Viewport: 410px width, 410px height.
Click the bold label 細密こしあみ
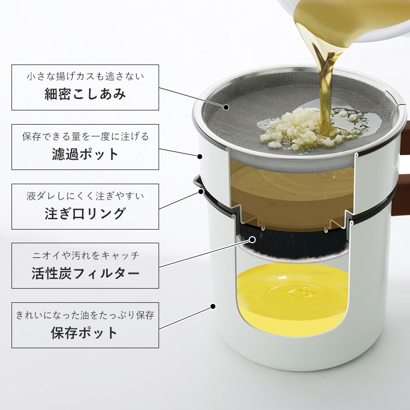[x=85, y=94]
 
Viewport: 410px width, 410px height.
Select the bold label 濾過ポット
[x=85, y=154]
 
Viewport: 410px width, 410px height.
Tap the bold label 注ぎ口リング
[x=85, y=213]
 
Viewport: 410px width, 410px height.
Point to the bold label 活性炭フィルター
[x=85, y=273]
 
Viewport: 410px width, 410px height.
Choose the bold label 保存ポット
[x=84, y=332]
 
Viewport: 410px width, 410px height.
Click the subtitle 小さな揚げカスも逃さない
[x=85, y=77]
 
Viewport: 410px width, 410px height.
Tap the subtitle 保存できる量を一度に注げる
[x=85, y=136]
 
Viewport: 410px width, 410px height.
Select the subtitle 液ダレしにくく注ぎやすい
[x=85, y=196]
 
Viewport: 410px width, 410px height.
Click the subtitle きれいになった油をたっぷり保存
[x=85, y=315]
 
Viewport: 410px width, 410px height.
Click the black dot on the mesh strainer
[x=226, y=107]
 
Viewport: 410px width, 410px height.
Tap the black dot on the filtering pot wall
[x=200, y=157]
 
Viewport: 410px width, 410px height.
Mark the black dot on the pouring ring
[x=201, y=191]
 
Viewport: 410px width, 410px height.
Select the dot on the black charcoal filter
[x=253, y=239]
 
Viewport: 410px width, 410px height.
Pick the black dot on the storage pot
[x=213, y=306]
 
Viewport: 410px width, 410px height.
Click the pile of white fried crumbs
[x=298, y=130]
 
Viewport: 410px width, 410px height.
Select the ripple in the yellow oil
[x=302, y=294]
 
